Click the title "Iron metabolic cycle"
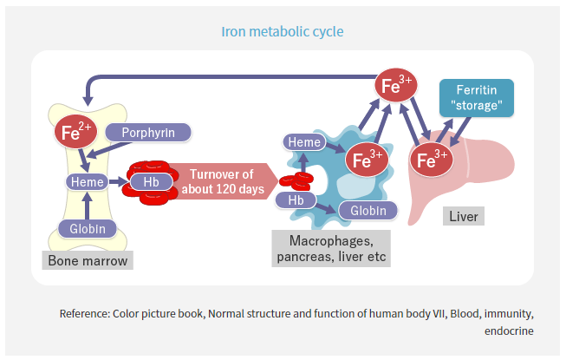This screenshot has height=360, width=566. [x=283, y=31]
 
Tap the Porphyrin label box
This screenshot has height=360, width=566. [x=147, y=133]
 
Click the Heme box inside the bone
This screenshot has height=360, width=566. [x=87, y=182]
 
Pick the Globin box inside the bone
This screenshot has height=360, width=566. [x=87, y=229]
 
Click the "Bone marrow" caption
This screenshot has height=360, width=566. [x=87, y=260]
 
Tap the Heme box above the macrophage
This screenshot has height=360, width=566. [x=304, y=142]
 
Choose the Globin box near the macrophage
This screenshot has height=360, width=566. [x=368, y=210]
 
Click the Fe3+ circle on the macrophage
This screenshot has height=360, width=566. [x=365, y=160]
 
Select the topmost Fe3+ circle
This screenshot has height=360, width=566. [x=397, y=86]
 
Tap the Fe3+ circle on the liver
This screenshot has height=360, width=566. [x=431, y=160]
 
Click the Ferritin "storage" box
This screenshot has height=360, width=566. [x=476, y=99]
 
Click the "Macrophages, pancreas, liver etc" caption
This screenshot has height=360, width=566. [x=331, y=249]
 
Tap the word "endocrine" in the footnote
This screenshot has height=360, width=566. [x=509, y=331]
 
